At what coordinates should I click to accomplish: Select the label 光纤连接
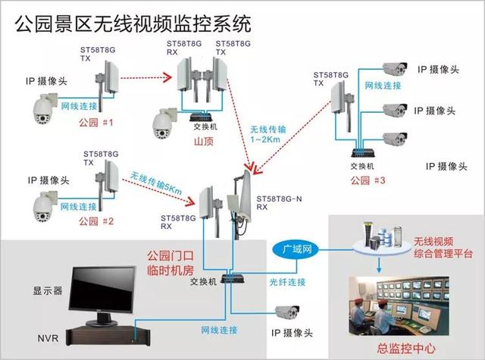pyautogui.click(x=288, y=281)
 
